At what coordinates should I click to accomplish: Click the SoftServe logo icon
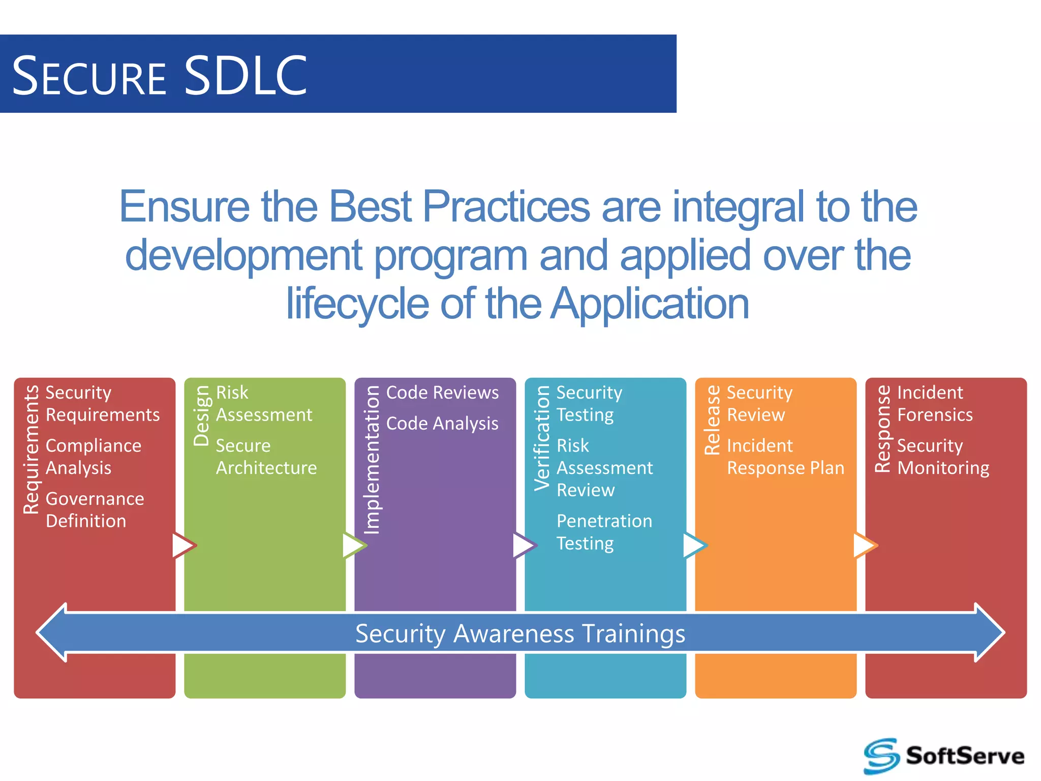(882, 756)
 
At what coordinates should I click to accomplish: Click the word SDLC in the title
(246, 76)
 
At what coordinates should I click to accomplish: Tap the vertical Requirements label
(32, 449)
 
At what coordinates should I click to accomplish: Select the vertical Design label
(202, 415)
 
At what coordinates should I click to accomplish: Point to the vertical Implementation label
(372, 460)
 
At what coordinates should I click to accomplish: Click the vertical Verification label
(542, 438)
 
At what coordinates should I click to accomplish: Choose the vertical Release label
(713, 419)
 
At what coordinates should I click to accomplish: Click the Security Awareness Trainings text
(520, 634)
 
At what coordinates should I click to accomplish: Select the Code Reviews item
(442, 393)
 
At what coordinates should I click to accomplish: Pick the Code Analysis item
(442, 424)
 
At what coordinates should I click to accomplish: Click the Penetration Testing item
(604, 532)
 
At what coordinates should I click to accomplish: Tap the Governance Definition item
(95, 509)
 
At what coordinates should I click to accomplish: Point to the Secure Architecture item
(266, 457)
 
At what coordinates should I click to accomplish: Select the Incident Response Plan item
(785, 457)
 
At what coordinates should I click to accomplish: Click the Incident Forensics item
(934, 404)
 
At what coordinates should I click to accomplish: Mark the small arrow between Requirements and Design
(183, 546)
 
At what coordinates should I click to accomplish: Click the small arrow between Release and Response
(865, 546)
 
